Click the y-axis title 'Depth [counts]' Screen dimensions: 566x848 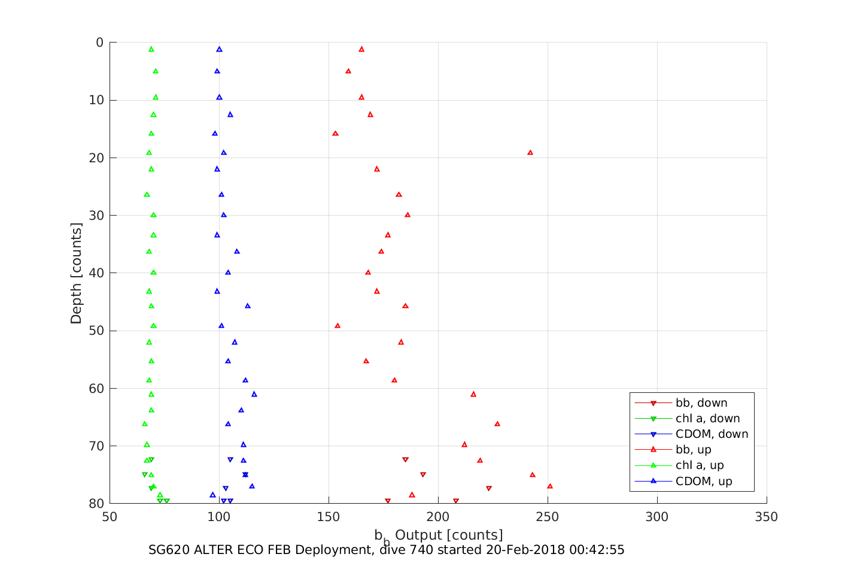click(76, 273)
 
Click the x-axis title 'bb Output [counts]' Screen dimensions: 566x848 click(438, 535)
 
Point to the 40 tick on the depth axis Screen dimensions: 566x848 click(96, 273)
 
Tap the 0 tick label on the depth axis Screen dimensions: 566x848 click(99, 43)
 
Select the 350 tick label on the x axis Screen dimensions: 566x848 click(767, 517)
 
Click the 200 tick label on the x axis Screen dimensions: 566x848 click(438, 517)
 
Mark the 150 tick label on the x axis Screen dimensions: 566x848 click(329, 517)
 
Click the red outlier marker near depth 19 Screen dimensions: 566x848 click(530, 153)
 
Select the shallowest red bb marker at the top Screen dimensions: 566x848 click(361, 49)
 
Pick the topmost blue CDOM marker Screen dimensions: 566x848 click(219, 49)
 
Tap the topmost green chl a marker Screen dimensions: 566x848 click(151, 49)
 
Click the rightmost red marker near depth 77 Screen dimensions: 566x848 click(550, 486)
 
